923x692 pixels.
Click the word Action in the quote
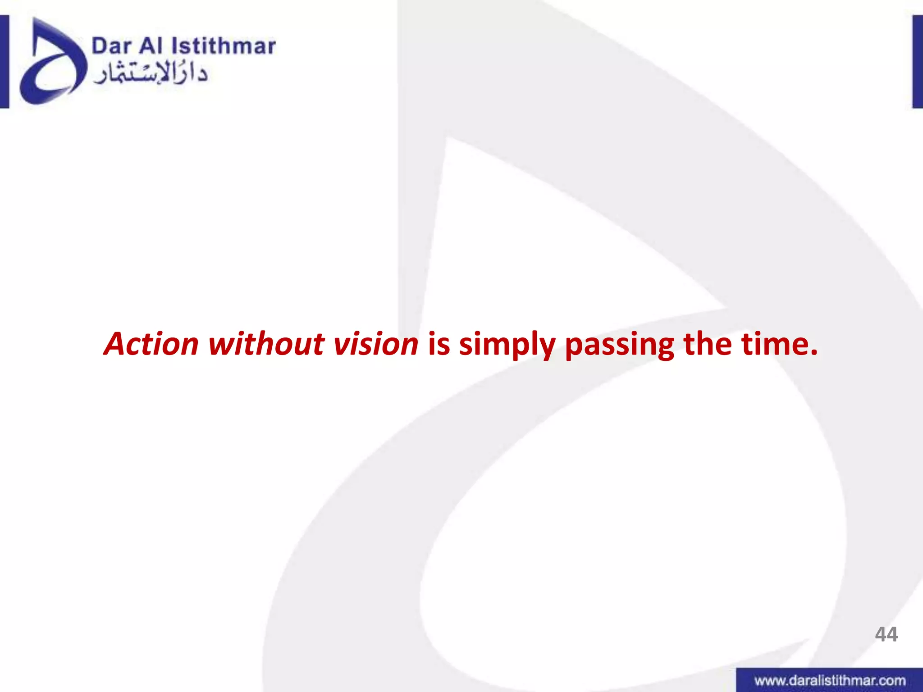[151, 344]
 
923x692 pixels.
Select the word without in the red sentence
[266, 344]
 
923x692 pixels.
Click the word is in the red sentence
[439, 344]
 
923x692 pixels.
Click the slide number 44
[886, 634]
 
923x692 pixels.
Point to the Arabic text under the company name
[151, 74]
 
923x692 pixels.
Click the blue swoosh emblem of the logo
[50, 63]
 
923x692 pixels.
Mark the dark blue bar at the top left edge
[4, 62]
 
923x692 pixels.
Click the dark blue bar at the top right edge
[918, 62]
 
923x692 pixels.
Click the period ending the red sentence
[813, 352]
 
